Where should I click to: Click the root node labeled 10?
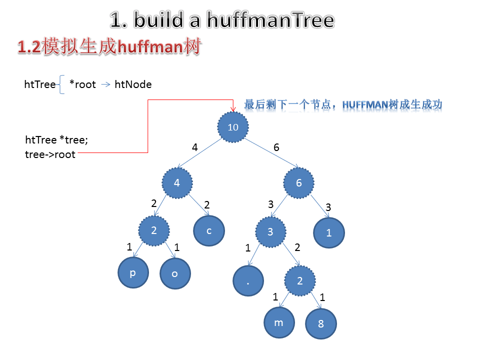click(x=233, y=126)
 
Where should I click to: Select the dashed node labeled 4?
click(x=177, y=183)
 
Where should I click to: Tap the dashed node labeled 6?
click(x=299, y=183)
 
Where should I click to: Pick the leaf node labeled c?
click(x=209, y=230)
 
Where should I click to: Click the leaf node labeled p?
click(x=133, y=273)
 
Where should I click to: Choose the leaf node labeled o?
click(x=175, y=274)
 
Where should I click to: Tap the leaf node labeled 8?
click(x=321, y=324)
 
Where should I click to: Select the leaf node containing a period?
click(x=248, y=281)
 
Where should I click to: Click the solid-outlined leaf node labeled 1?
click(x=329, y=232)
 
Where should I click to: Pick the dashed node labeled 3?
click(x=270, y=232)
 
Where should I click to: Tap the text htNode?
click(x=133, y=84)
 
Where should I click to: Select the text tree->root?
click(x=50, y=154)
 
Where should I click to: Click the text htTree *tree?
click(x=56, y=140)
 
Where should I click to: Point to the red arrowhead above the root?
click(x=233, y=107)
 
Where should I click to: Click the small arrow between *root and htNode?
click(x=105, y=84)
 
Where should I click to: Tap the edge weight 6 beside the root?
click(x=276, y=147)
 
